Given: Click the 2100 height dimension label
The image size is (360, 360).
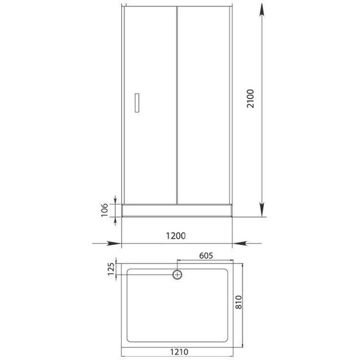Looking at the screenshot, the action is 250,99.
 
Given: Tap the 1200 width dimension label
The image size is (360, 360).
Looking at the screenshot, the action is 176,236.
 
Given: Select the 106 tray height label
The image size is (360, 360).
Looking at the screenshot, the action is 104,210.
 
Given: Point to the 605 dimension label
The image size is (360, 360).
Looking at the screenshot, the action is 206,256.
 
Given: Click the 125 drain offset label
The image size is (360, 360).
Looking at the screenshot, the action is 111,269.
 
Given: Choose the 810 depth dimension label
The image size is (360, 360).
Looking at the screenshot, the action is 239,302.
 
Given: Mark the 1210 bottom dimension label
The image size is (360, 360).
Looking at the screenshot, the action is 179,352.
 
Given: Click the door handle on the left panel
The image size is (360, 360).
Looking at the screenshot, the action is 137,103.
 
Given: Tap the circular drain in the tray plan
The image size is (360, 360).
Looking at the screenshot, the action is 177,274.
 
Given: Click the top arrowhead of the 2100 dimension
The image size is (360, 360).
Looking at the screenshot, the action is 261,10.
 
